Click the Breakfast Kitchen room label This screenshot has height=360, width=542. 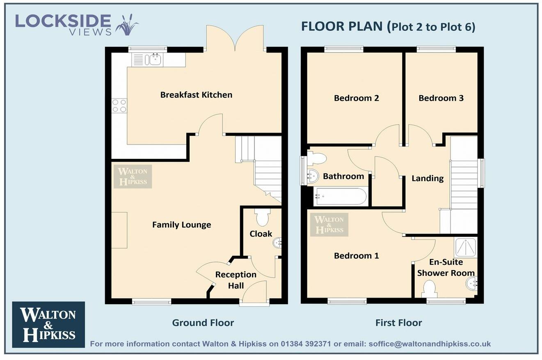pyautogui.click(x=196, y=95)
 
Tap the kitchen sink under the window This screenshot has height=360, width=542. pyautogui.click(x=155, y=60)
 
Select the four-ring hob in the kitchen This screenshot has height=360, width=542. pyautogui.click(x=119, y=105)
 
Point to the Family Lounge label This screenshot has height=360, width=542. pyautogui.click(x=181, y=225)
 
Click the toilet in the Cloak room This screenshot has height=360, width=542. pyautogui.click(x=262, y=217)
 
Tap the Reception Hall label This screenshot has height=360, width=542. pyautogui.click(x=236, y=280)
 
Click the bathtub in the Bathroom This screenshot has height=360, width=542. pyautogui.click(x=340, y=197)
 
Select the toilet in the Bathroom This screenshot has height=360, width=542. pyautogui.click(x=316, y=158)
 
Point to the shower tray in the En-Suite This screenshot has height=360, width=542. pyautogui.click(x=465, y=248)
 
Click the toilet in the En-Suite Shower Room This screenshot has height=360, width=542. pyautogui.click(x=429, y=289)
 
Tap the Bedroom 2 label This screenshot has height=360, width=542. pyautogui.click(x=356, y=98)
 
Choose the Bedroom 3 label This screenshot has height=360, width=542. pyautogui.click(x=441, y=98)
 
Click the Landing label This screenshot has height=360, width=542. pyautogui.click(x=428, y=178)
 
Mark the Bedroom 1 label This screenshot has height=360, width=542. pyautogui.click(x=356, y=256)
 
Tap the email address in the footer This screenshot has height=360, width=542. pyautogui.click(x=430, y=344)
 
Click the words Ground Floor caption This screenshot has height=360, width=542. pyautogui.click(x=203, y=323)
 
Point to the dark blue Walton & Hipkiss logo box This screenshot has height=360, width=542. pyautogui.click(x=48, y=324)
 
